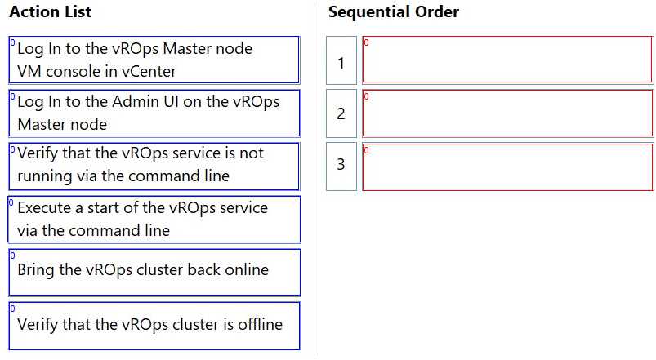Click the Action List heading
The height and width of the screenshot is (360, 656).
coord(50,12)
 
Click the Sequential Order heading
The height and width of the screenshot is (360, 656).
coord(393,12)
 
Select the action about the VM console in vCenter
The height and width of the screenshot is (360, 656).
coord(154,60)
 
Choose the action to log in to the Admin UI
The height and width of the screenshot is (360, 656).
coord(154,113)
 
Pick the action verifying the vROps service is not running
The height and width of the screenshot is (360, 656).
coord(154,165)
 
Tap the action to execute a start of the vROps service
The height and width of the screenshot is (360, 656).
coord(154,219)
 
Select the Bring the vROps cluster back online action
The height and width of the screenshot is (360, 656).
coord(154,271)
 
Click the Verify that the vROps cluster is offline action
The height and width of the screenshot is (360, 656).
coord(154,325)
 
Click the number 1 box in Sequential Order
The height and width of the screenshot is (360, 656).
coord(341,61)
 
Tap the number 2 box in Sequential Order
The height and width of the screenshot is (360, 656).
coord(341,113)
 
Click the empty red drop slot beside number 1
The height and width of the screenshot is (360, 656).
coord(507,60)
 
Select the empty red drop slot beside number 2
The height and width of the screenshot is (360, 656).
coord(507,113)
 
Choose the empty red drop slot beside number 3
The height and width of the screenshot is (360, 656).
coord(507,166)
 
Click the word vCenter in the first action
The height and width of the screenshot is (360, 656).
coord(147,72)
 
